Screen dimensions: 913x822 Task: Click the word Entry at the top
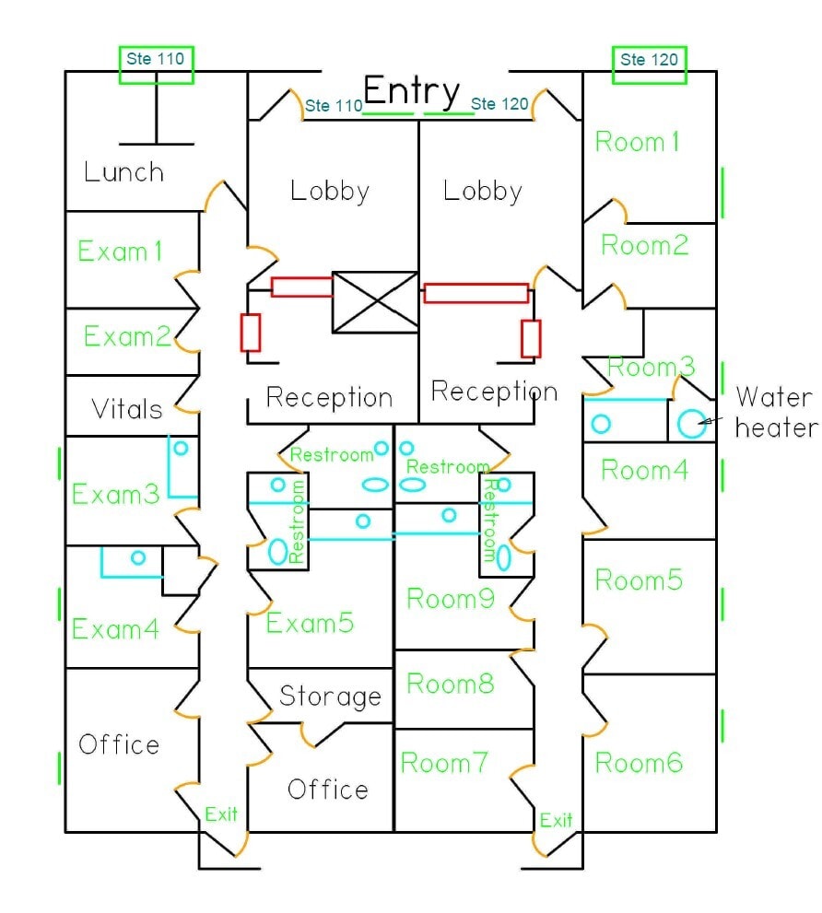[411, 90]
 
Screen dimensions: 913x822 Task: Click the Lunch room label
[123, 172]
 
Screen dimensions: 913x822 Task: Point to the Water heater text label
[776, 412]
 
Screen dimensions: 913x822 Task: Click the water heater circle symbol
[690, 423]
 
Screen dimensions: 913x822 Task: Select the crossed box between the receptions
[374, 302]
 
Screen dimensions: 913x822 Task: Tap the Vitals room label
[127, 408]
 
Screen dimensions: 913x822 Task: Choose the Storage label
[330, 696]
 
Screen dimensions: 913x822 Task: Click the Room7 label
[443, 763]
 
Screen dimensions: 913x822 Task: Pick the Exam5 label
[310, 624]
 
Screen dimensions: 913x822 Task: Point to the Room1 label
[637, 142]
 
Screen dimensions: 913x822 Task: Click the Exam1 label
[120, 251]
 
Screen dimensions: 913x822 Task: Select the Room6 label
[639, 763]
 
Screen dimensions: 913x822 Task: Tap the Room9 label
[451, 599]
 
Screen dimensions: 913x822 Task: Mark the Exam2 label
[127, 336]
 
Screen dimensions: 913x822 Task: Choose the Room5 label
[639, 580]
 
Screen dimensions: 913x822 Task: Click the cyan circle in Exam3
[181, 448]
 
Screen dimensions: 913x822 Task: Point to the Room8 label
[450, 684]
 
